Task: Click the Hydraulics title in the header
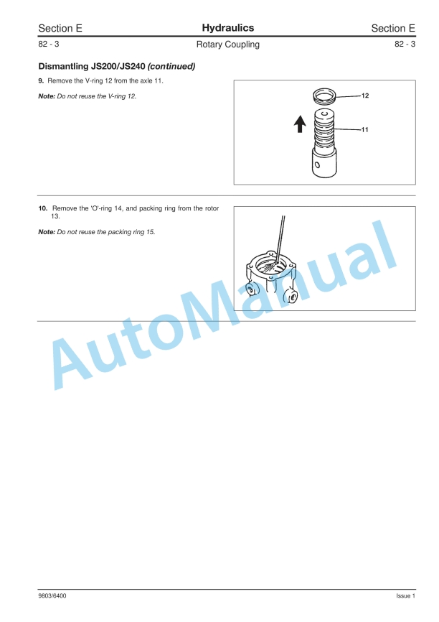pyautogui.click(x=227, y=28)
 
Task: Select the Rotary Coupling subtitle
pyautogui.click(x=227, y=45)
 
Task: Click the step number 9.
pyautogui.click(x=40, y=80)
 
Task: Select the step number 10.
pyautogui.click(x=42, y=208)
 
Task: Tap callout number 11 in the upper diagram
pyautogui.click(x=365, y=130)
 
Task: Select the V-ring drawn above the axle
pyautogui.click(x=326, y=96)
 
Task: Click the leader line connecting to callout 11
pyautogui.click(x=349, y=130)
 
